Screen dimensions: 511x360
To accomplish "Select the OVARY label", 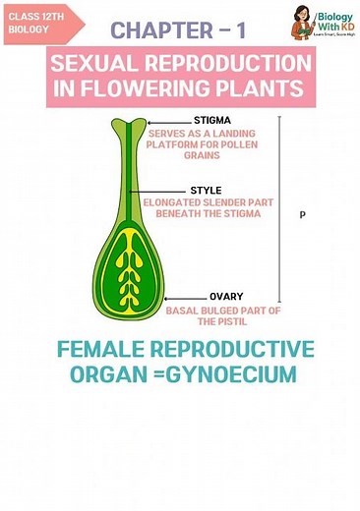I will tap(226, 296).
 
